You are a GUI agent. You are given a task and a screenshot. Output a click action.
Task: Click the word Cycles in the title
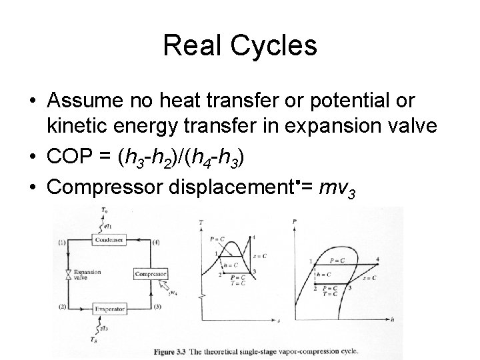tap(274, 46)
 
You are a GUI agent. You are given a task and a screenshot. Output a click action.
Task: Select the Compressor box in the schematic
tap(150, 274)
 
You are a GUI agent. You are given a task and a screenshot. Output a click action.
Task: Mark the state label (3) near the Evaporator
tap(155, 307)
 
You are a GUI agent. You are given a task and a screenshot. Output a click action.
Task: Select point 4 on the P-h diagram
tap(377, 258)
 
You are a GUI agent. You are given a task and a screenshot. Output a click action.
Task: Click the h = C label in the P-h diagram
tap(323, 273)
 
